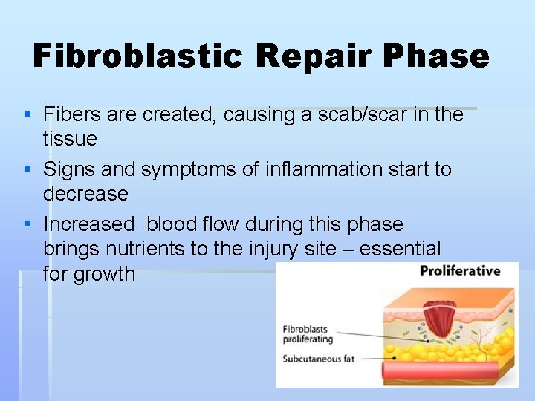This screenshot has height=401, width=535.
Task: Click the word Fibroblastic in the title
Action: pos(138,56)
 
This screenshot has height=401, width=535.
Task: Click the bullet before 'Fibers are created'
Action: pos(27,114)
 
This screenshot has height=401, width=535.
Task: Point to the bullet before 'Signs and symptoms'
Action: pos(27,169)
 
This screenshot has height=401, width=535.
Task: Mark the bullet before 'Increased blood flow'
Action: pos(27,224)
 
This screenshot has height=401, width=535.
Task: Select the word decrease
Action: pos(85,194)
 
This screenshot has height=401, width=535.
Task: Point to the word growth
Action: pos(89,274)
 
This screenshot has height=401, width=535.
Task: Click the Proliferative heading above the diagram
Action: pos(460,271)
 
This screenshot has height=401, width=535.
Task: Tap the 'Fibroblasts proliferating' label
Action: pos(308,334)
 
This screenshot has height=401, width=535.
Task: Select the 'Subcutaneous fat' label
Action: pos(319,359)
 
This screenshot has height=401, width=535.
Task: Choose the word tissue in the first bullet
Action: pos(70,139)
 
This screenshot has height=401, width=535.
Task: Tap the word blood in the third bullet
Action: pos(171,224)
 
